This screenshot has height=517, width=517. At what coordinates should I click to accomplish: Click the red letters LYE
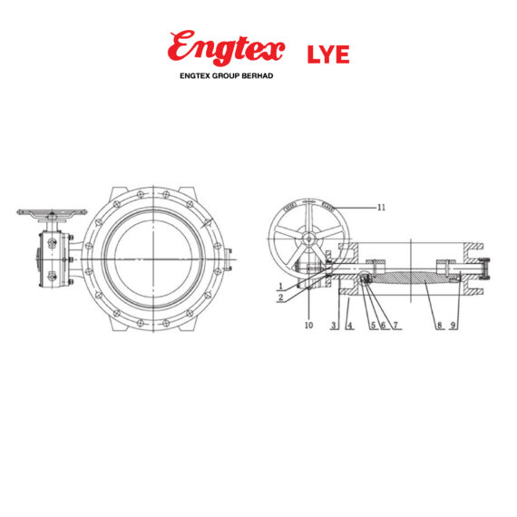coord(327,54)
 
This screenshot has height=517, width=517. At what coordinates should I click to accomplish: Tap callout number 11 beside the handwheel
coord(381,208)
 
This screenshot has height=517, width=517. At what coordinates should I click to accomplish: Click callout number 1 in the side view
coord(281,287)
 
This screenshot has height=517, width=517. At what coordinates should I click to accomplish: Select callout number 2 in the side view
coord(281,297)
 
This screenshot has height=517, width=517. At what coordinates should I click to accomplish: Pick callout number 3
coord(334,325)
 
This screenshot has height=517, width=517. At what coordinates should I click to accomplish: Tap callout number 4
coord(347,325)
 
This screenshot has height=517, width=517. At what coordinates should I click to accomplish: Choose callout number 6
coord(383,325)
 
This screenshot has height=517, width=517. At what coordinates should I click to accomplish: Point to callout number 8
coord(439,325)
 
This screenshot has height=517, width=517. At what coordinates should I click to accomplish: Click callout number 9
coord(454,325)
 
